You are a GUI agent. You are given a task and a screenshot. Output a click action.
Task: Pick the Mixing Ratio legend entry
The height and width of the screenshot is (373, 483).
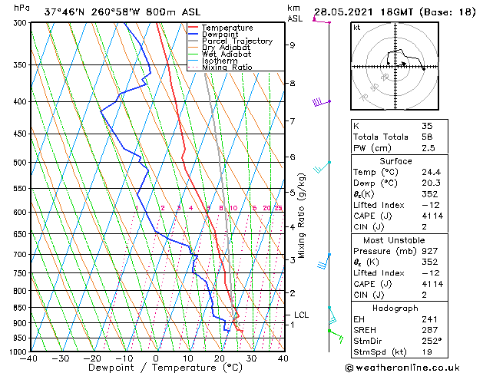(227, 68)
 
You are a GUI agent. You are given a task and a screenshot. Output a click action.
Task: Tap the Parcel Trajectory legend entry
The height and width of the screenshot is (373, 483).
(237, 41)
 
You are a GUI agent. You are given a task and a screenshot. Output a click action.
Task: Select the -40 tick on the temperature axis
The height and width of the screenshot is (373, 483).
(30, 358)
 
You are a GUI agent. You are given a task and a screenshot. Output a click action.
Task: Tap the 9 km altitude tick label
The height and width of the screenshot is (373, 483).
(293, 45)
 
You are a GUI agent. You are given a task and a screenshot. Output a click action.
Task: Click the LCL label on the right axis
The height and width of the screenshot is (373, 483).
(302, 315)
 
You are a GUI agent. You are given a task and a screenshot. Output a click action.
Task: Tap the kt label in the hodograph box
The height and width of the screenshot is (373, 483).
(356, 27)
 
